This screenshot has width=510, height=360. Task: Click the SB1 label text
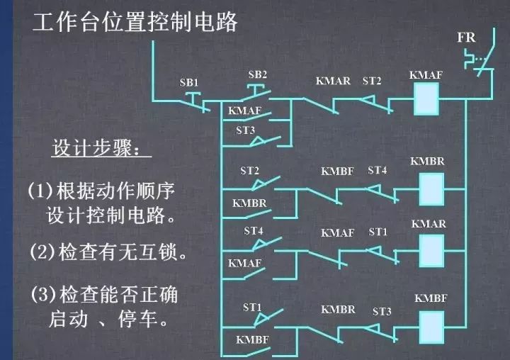pos(189,83)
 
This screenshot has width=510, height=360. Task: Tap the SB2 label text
pos(257,74)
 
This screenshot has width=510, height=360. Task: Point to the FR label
pos(466,38)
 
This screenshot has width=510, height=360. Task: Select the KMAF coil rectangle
pos(426,99)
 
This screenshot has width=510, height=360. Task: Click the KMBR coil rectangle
pos(431,189)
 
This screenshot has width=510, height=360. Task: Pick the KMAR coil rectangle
pos(431,251)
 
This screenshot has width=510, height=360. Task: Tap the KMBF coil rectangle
pos(431,327)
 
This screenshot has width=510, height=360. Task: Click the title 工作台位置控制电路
pos(135,22)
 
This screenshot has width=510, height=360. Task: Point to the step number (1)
pos(40,191)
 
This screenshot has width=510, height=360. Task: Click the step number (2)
pos(42,252)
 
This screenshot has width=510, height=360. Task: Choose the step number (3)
pos(43,294)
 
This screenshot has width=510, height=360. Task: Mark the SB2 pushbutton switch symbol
pos(257,93)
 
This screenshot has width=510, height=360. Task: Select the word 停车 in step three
pos(138,319)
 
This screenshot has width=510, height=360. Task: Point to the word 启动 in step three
pos(68,319)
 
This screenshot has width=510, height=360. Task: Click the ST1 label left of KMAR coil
pos(378,232)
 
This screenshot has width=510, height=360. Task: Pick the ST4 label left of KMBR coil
pos(378,170)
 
